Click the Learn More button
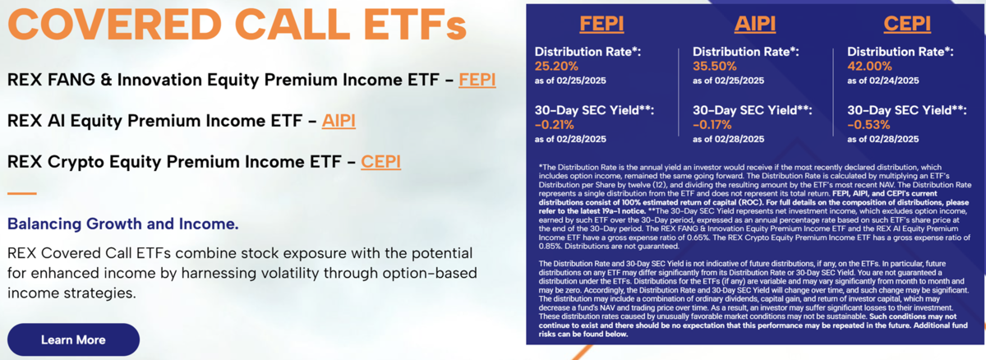(73, 339)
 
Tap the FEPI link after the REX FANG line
(477, 80)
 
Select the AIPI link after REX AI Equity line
(339, 121)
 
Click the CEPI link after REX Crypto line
(380, 162)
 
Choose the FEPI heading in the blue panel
(601, 23)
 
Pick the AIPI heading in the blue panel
(755, 23)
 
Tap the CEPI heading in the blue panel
(907, 23)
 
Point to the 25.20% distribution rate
(556, 66)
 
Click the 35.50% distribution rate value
(714, 66)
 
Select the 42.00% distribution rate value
(869, 66)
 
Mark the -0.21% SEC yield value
(554, 125)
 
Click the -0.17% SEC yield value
(712, 125)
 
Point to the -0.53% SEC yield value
(869, 125)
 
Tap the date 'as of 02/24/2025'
(883, 81)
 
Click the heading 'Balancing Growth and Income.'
(122, 224)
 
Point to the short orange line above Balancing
(22, 193)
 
